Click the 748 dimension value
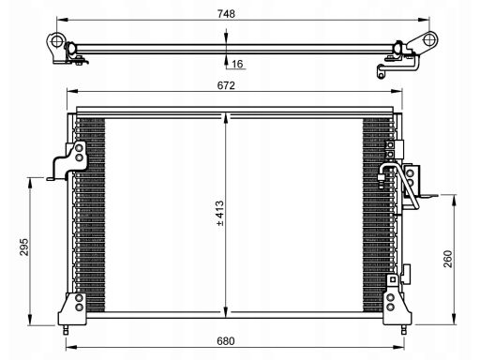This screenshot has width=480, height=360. coord(226,14)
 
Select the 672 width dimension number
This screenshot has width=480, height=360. coord(226,85)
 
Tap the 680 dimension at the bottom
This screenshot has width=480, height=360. coord(226,341)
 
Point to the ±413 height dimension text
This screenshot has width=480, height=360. coord(220,214)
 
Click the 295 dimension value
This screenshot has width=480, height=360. coord(24,247)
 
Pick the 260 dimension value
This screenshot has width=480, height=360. coord(448,259)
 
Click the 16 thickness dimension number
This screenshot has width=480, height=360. coord(237,64)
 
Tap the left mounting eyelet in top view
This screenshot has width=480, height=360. coord(56,41)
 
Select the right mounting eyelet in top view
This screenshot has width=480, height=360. coord(429,40)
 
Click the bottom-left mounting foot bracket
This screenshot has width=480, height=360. coord(72,308)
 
